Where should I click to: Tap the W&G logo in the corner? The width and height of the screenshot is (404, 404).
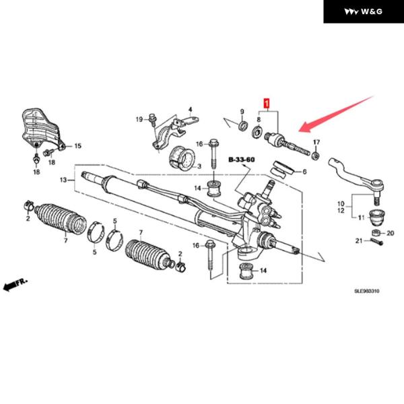364,11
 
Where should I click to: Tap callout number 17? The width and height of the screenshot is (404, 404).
316,142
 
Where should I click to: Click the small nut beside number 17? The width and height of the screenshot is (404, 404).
315,154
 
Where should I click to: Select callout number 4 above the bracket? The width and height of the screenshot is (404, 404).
190,109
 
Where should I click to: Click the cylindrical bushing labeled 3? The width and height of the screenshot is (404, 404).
182,157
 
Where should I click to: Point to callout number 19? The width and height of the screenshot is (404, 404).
138,119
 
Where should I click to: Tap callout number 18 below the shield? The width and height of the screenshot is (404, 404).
36,173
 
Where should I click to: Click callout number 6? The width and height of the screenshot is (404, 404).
304,172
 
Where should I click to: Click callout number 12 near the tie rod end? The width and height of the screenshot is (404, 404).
341,211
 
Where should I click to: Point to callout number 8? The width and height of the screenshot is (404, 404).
258,119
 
